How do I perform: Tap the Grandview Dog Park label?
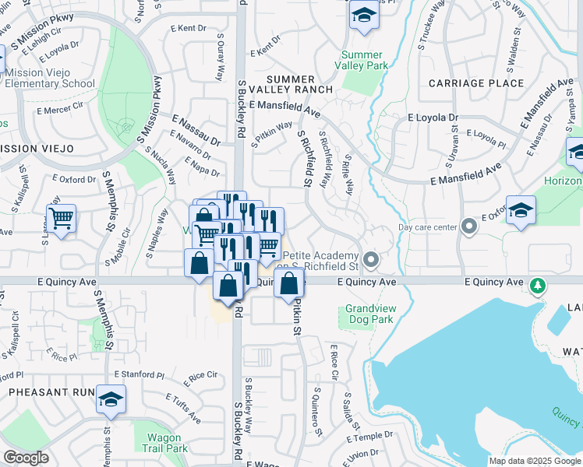[370, 314]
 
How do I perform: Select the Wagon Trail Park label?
[165, 443]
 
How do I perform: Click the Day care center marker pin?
[468, 227]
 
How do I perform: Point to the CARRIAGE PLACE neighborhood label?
[476, 83]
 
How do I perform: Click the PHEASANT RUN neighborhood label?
[46, 392]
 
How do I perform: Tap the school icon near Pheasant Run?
[111, 400]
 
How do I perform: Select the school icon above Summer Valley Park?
[363, 16]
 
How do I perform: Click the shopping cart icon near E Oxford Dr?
[61, 218]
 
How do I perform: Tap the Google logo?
[26, 458]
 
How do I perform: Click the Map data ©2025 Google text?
[534, 461]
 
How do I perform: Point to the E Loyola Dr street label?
[433, 118]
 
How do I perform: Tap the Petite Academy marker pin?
[371, 258]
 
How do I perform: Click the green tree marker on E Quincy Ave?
[536, 286]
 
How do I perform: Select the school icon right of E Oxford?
[520, 210]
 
